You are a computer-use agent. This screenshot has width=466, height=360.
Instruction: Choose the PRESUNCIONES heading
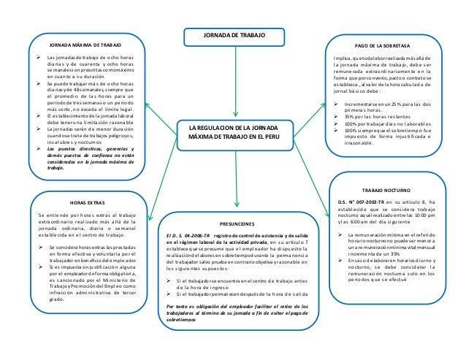[236, 223]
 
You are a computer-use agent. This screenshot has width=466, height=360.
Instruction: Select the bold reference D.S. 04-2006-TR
[188, 236]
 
